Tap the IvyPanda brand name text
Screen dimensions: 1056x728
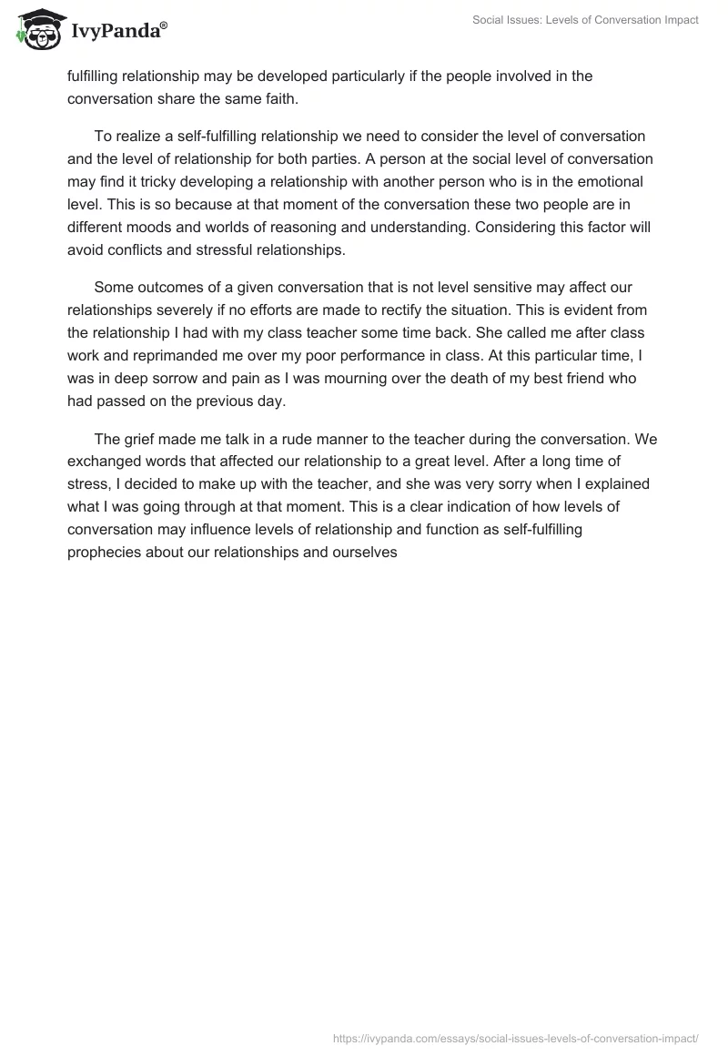[x=118, y=32]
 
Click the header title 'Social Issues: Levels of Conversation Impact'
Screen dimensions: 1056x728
[x=585, y=20]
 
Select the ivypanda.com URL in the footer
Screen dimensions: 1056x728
[x=517, y=1037]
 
